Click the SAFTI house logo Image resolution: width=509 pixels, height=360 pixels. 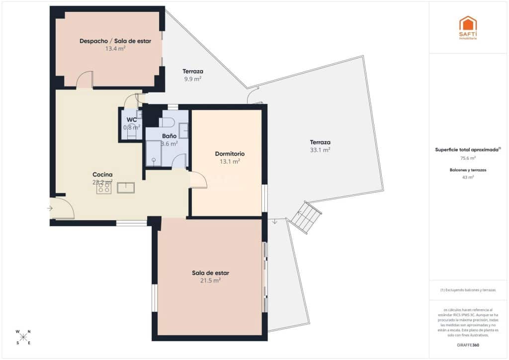(468, 25)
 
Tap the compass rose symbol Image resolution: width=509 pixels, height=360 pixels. (23, 337)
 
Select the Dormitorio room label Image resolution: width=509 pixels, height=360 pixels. (230, 154)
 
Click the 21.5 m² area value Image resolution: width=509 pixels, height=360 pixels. (210, 280)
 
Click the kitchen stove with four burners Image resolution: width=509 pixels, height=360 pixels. (104, 188)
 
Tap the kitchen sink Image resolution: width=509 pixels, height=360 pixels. (126, 187)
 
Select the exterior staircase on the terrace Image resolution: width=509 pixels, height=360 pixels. (307, 217)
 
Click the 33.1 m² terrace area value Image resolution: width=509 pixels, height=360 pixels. (320, 150)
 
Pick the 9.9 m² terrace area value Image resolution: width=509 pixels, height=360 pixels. (193, 79)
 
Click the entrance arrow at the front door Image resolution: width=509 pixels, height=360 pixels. (50, 208)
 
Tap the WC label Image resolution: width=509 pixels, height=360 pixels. (132, 120)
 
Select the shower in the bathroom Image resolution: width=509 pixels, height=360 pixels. (154, 153)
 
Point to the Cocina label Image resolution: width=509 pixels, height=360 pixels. (102, 175)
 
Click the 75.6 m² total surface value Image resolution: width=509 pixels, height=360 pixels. (468, 158)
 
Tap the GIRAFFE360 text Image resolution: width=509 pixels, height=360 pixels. (468, 345)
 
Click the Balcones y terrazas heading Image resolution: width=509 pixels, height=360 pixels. (468, 170)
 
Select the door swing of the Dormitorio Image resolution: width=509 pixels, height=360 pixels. (198, 180)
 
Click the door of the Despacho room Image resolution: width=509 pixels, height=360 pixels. (85, 80)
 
